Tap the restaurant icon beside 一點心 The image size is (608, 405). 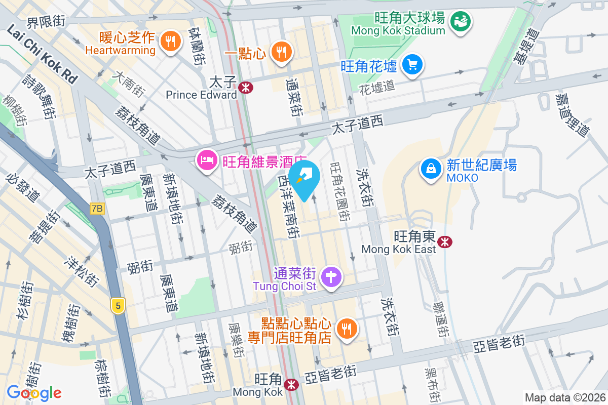[280, 51]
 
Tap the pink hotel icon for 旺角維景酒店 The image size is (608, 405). [206, 160]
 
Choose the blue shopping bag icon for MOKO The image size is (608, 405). [430, 168]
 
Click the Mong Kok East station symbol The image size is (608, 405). [445, 241]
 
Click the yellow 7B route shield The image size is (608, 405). [97, 208]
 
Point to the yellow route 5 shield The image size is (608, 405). [118, 306]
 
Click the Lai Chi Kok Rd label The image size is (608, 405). [43, 55]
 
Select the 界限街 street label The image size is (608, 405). [46, 21]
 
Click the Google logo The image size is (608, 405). [34, 392]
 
